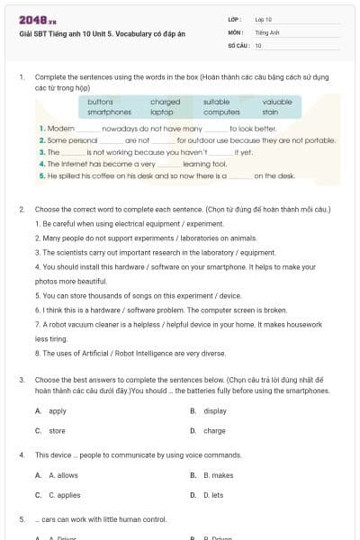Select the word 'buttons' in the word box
101,102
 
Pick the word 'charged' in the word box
165,102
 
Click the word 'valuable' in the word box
277,102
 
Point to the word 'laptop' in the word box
162,112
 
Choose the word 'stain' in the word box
270,112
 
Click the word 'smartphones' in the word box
110,112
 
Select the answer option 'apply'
57,410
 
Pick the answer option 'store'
57,431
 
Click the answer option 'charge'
214,431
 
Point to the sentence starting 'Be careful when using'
129,222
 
